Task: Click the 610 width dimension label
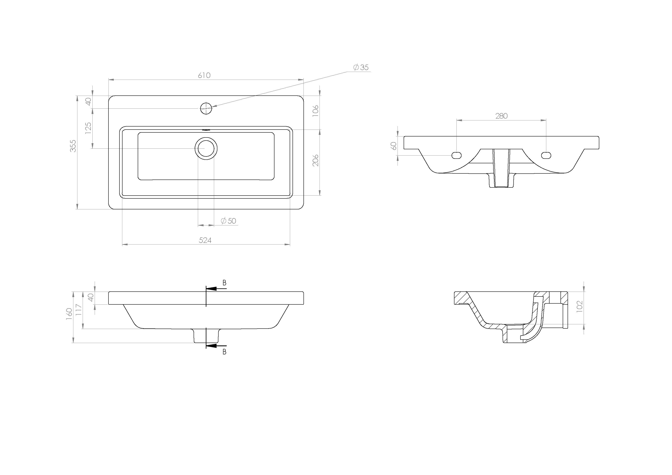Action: (204, 76)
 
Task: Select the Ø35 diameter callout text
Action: (361, 67)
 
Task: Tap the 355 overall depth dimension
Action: (73, 146)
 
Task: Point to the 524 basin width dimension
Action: (205, 240)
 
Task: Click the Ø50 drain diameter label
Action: (228, 221)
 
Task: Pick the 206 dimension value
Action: (315, 160)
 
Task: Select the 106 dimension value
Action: (315, 111)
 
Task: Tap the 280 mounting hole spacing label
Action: (501, 116)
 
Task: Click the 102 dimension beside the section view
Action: (580, 306)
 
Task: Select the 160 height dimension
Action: (69, 314)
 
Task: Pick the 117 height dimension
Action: (78, 310)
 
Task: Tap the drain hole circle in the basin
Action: (206, 148)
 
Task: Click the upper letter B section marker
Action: (224, 283)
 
